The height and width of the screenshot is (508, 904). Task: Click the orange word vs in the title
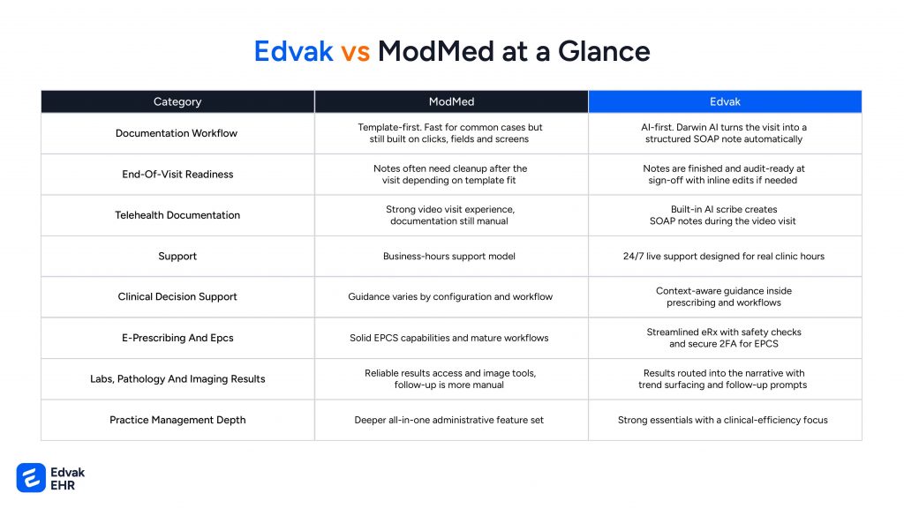(x=355, y=51)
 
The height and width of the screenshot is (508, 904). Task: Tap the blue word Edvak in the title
(x=293, y=51)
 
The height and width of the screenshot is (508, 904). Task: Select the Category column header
(x=177, y=102)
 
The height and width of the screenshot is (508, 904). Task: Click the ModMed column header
(x=451, y=102)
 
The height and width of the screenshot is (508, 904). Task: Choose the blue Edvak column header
(x=725, y=102)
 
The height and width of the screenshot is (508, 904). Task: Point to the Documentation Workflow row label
(x=177, y=133)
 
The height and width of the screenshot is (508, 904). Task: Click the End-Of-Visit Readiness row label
(x=177, y=174)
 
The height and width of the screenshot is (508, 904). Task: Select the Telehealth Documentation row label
(x=177, y=215)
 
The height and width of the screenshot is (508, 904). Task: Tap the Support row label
(x=177, y=256)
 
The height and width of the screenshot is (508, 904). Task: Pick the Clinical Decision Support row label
(x=177, y=296)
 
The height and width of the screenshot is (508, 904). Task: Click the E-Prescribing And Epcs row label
(x=177, y=338)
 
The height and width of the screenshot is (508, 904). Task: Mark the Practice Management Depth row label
(x=177, y=420)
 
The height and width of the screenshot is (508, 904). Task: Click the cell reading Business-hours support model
(x=449, y=257)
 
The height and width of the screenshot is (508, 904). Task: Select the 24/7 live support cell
(x=724, y=257)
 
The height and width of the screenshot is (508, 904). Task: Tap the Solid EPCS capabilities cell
(x=449, y=338)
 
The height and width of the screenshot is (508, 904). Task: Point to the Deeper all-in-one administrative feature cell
(x=449, y=421)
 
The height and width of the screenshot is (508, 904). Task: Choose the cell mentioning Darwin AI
(x=724, y=133)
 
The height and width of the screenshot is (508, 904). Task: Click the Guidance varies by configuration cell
(x=450, y=296)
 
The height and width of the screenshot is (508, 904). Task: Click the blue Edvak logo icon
(x=31, y=478)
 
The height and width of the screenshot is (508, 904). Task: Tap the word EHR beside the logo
(x=63, y=486)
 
